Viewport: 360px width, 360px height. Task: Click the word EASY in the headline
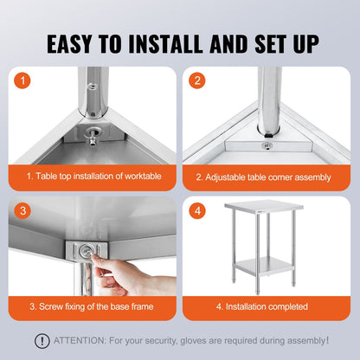point(77,42)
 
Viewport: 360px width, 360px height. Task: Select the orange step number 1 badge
point(23,80)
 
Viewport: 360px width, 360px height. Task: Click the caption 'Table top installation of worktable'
point(93,177)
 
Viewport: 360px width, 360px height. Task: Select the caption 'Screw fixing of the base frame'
point(93,306)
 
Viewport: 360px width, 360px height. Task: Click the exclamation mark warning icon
point(42,341)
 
